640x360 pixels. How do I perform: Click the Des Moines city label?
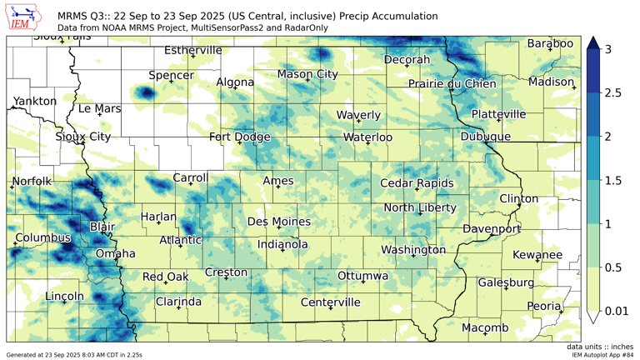[x=279, y=222]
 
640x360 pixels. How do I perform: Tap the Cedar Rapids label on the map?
[x=417, y=183]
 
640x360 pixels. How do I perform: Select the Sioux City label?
[x=82, y=137]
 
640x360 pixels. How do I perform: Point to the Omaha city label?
[x=115, y=253]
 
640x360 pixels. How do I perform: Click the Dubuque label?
[x=485, y=137]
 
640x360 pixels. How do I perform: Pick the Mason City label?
[x=307, y=74]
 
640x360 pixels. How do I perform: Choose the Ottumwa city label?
[x=362, y=276]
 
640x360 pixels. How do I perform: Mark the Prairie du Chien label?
[x=452, y=84]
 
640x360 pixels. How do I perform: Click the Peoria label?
[x=544, y=306]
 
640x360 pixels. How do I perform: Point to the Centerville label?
[x=330, y=302]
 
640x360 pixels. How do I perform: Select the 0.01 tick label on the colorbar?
[x=617, y=311]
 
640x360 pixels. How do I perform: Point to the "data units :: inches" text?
[x=599, y=346]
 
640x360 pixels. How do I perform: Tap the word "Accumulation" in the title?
[x=400, y=16]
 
